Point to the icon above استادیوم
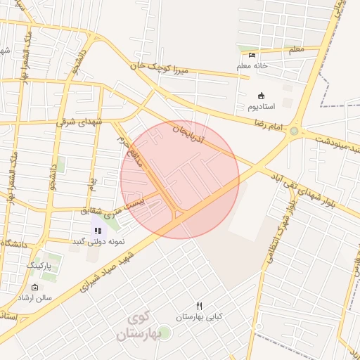coord(262,96)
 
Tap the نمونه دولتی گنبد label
coord(98,241)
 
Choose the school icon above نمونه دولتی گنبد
coord(98,230)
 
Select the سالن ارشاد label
coord(35,298)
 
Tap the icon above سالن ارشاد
coord(35,288)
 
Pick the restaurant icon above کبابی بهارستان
coord(200,306)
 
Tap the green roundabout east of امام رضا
coord(294,131)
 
